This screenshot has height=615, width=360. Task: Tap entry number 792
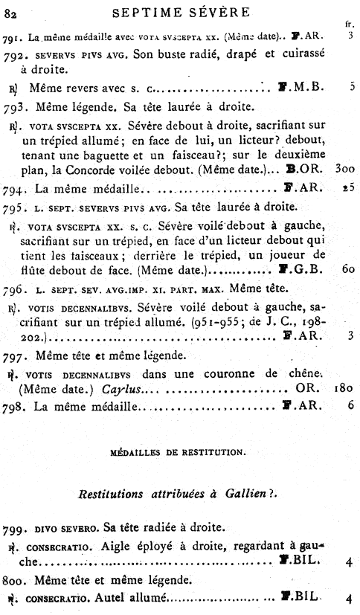click(x=14, y=55)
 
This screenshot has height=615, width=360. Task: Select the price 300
click(x=345, y=169)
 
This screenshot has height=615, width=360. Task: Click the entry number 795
click(x=15, y=205)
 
